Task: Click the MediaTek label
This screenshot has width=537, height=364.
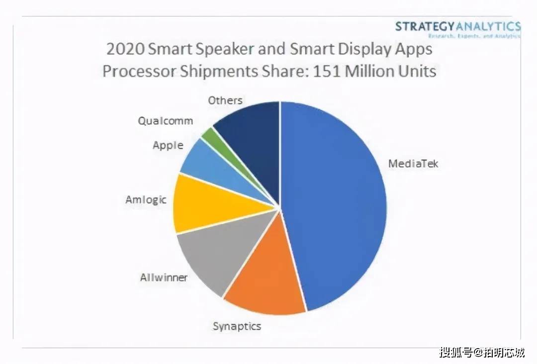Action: [413, 163]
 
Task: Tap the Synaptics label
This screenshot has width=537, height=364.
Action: [237, 326]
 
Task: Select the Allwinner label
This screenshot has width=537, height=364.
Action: [164, 277]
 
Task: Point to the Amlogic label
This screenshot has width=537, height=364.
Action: [146, 200]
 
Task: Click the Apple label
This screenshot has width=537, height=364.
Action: [168, 146]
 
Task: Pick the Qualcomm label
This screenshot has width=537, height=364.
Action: [165, 121]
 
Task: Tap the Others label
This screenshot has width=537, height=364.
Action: [225, 100]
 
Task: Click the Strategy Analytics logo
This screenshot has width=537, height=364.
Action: [457, 28]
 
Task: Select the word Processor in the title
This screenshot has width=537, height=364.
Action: [140, 71]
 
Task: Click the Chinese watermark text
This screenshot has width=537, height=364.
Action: [481, 353]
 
